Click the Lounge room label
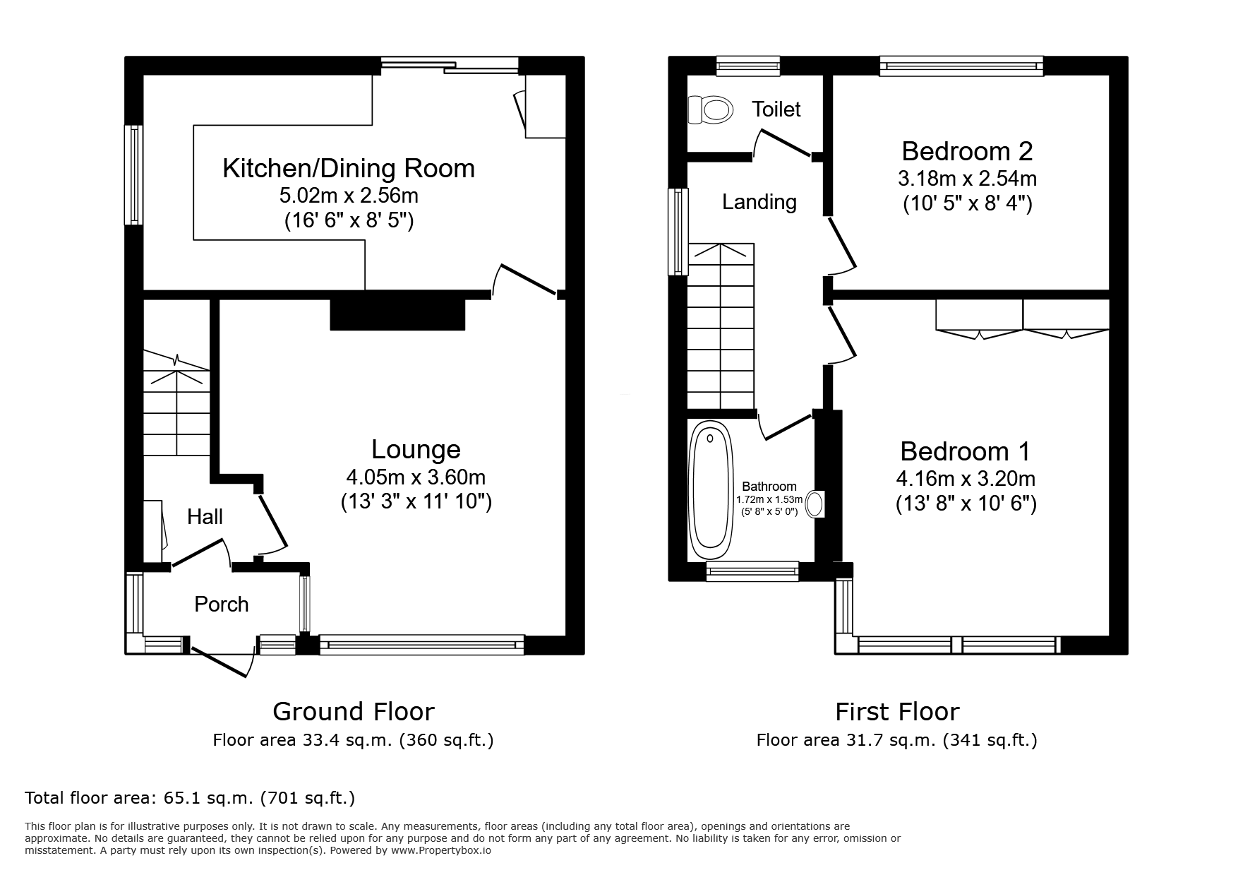click(416, 449)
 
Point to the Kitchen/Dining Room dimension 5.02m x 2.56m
click(349, 195)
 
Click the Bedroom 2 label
click(967, 151)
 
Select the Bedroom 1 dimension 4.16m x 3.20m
click(966, 479)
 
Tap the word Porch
click(222, 605)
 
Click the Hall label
click(205, 517)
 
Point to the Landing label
click(759, 202)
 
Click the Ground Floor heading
click(353, 711)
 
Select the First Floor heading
click(897, 711)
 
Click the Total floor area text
click(190, 798)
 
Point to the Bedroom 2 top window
click(961, 66)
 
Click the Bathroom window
click(752, 571)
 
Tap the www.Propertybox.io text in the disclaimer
click(441, 851)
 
